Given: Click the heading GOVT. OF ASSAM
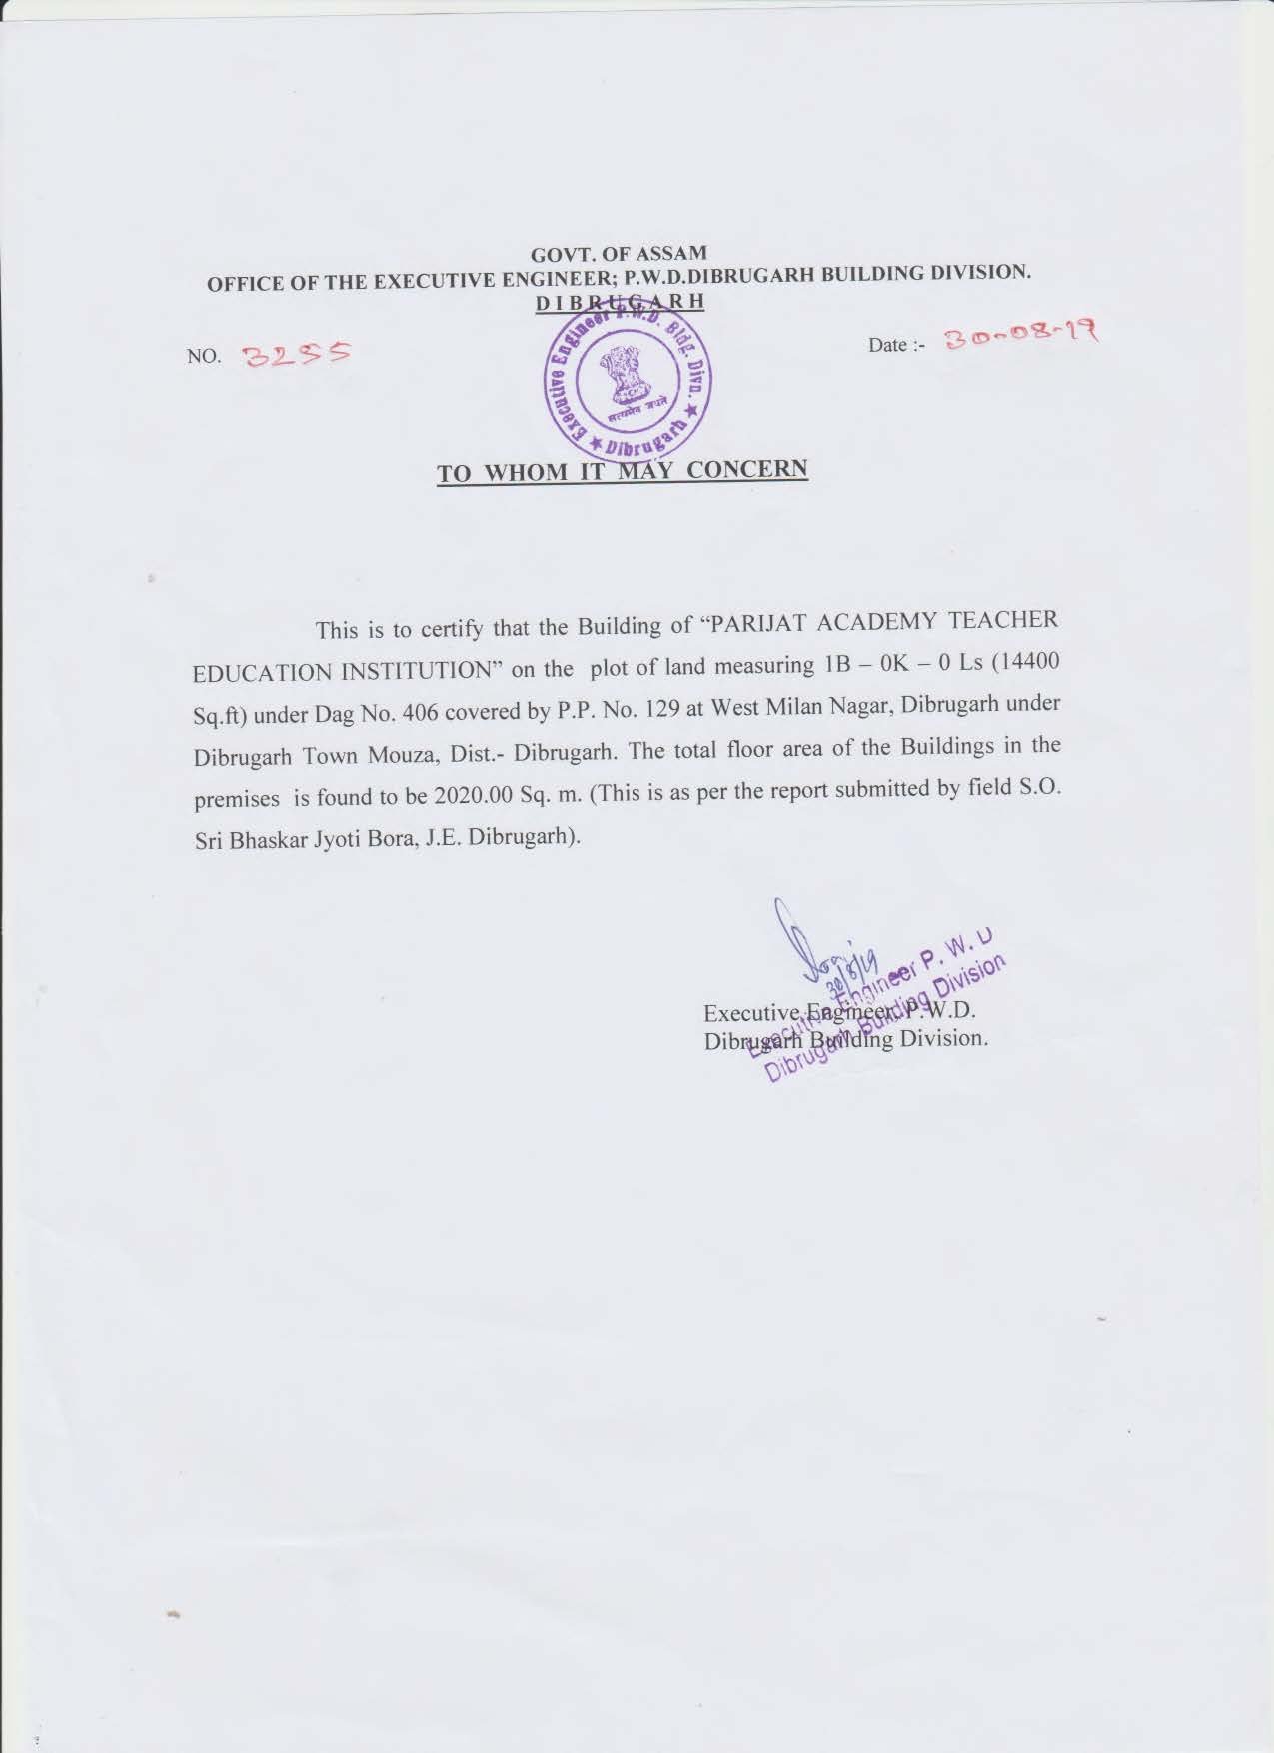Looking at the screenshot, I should point(620,253).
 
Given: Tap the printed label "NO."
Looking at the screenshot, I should point(203,356).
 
